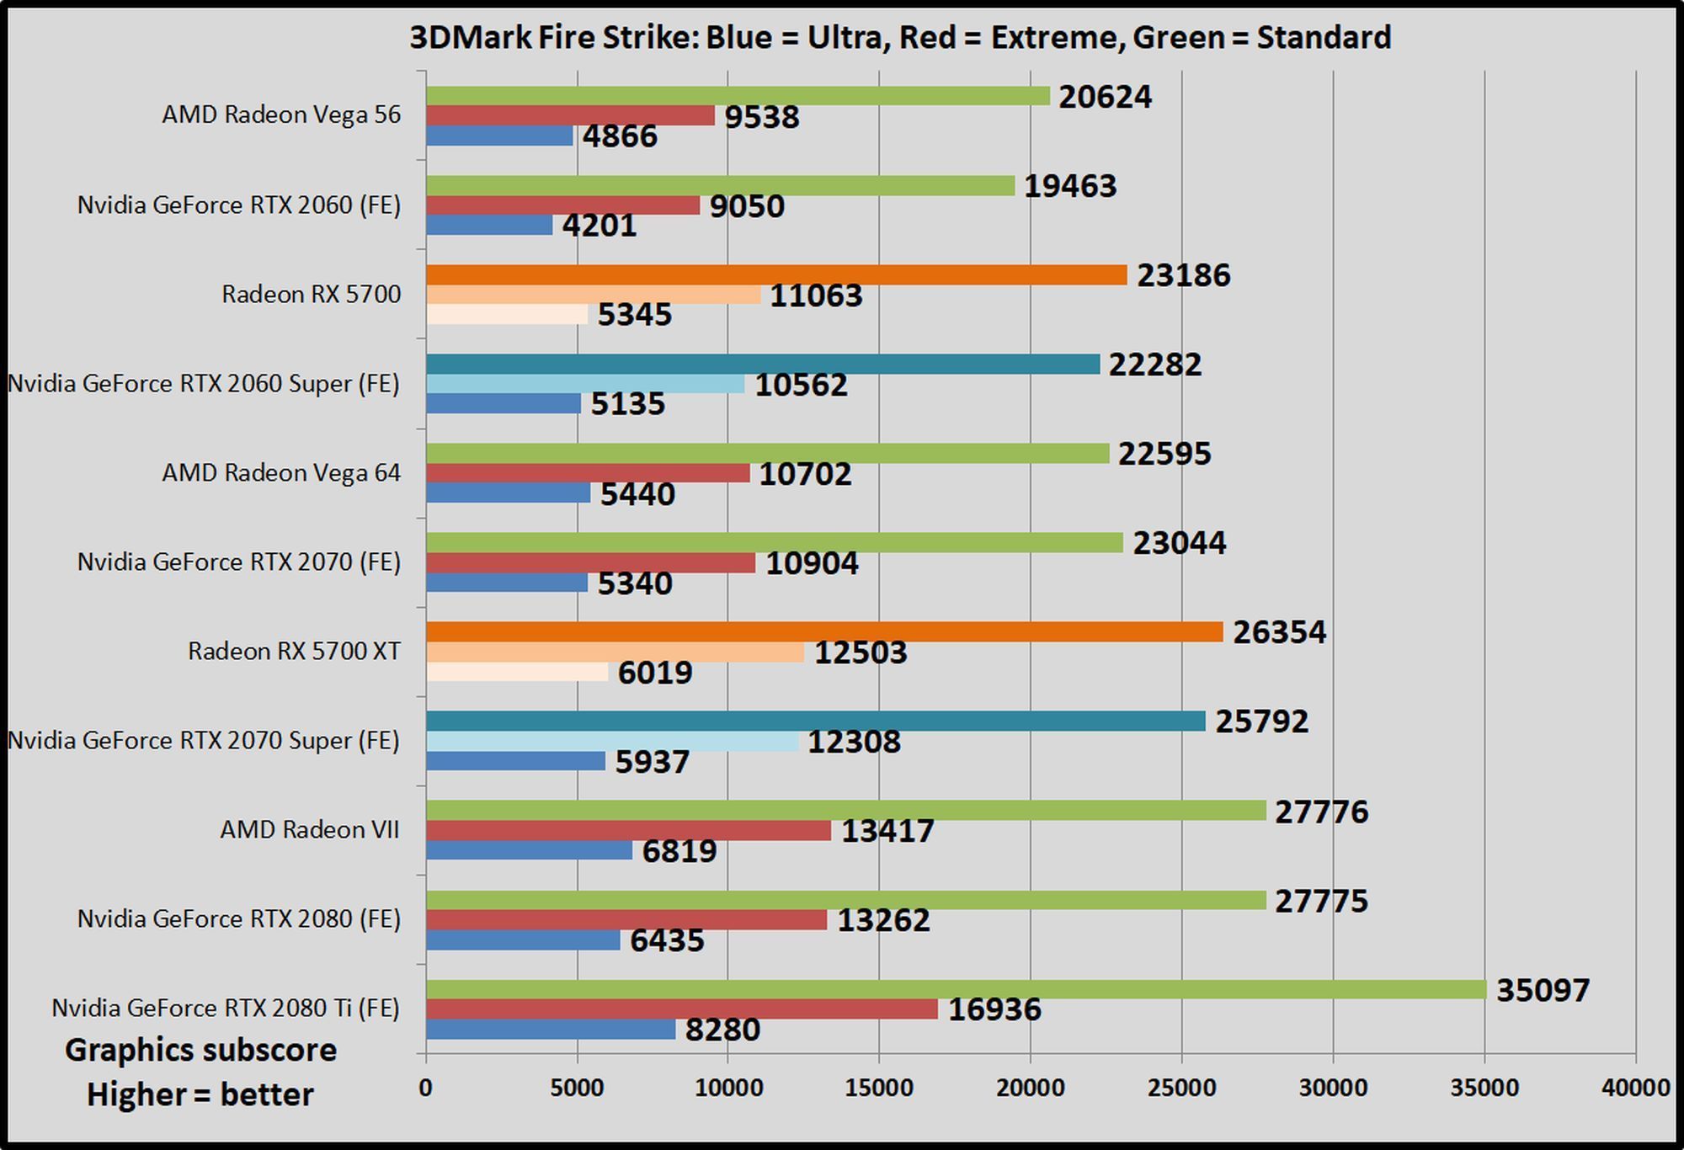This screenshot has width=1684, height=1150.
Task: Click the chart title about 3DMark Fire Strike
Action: coord(900,38)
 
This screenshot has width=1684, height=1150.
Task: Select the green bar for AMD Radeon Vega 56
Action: coord(738,96)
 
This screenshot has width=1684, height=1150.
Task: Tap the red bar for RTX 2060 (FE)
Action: coord(562,205)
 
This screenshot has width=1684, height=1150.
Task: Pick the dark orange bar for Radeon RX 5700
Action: coord(775,275)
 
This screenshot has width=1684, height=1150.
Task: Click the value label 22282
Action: coord(1154,365)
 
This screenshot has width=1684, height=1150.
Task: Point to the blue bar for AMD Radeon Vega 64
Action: coord(508,492)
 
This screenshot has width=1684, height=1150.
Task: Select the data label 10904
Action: coord(812,563)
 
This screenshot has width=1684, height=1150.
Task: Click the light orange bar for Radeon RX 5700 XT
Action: coord(615,652)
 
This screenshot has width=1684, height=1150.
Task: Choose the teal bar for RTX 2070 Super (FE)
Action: coord(815,721)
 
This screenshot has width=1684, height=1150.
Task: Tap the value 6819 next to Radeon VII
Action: coord(679,851)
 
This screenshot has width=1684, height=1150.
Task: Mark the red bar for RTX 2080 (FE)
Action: coord(626,920)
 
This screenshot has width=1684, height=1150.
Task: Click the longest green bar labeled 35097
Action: coord(956,989)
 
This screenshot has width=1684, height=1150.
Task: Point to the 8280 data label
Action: coord(722,1030)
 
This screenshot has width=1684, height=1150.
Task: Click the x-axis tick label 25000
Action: coord(1181,1088)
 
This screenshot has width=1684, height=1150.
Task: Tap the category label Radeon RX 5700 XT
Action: coord(294,652)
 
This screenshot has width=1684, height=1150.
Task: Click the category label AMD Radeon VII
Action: coord(309,830)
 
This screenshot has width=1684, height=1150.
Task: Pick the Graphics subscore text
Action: coord(200,1050)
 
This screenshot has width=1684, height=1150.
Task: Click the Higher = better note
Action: coord(200,1094)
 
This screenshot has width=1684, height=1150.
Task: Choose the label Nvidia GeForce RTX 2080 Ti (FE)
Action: coord(225,1008)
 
